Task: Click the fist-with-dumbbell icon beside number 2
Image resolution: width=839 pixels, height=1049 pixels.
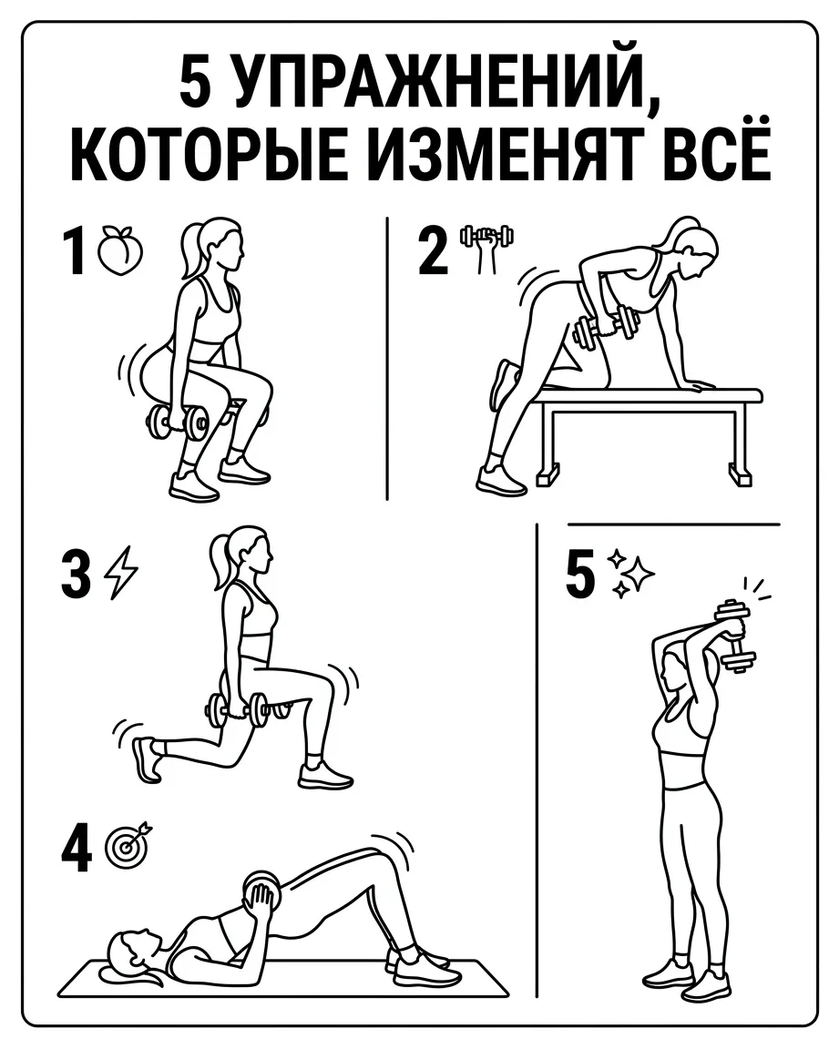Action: click(x=486, y=249)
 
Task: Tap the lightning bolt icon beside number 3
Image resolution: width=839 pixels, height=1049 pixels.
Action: click(x=122, y=572)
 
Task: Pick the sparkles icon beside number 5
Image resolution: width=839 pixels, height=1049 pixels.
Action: click(x=630, y=574)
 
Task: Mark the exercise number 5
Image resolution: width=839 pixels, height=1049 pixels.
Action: click(x=580, y=574)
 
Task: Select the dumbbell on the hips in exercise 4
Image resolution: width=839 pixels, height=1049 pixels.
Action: click(x=261, y=891)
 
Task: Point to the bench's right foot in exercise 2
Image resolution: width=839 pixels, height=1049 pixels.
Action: click(x=740, y=476)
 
